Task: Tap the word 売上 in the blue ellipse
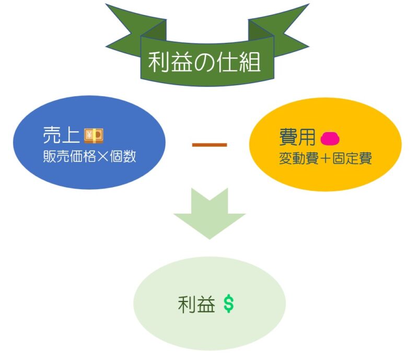click(62, 135)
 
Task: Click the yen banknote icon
click(94, 135)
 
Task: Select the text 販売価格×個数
click(89, 156)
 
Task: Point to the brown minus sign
click(209, 145)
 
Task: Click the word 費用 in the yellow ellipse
click(297, 137)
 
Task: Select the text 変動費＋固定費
click(325, 158)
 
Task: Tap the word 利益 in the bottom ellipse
click(196, 305)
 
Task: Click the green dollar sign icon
click(228, 305)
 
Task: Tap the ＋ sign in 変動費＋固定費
click(325, 158)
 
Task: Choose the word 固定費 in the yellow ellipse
click(352, 158)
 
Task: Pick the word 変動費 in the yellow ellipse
click(298, 158)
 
